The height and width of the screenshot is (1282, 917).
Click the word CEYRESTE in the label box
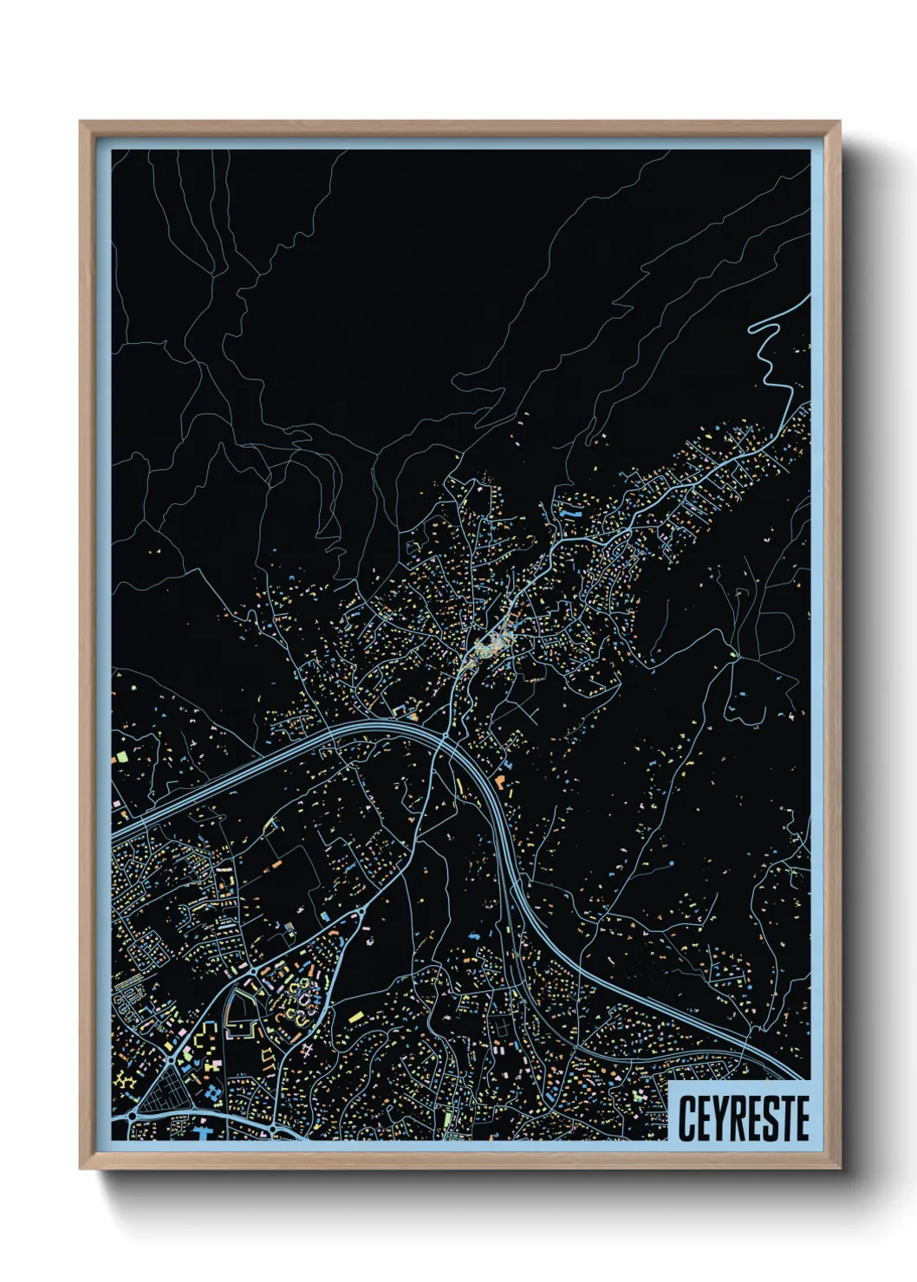point(743,1118)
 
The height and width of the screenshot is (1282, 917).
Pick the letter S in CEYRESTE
point(769,1118)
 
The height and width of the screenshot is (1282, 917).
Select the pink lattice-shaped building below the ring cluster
point(308,1050)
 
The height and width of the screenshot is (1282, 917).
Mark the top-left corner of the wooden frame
point(81,122)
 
